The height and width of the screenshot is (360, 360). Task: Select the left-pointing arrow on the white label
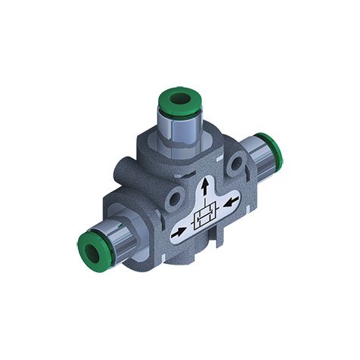231,202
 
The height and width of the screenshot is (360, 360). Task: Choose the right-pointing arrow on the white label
179,233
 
